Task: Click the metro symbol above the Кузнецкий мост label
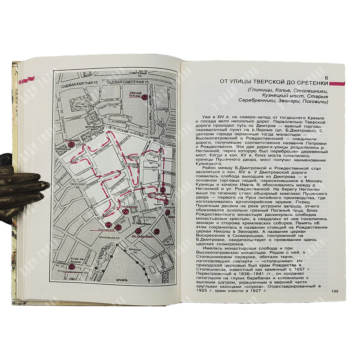point(163,188)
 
